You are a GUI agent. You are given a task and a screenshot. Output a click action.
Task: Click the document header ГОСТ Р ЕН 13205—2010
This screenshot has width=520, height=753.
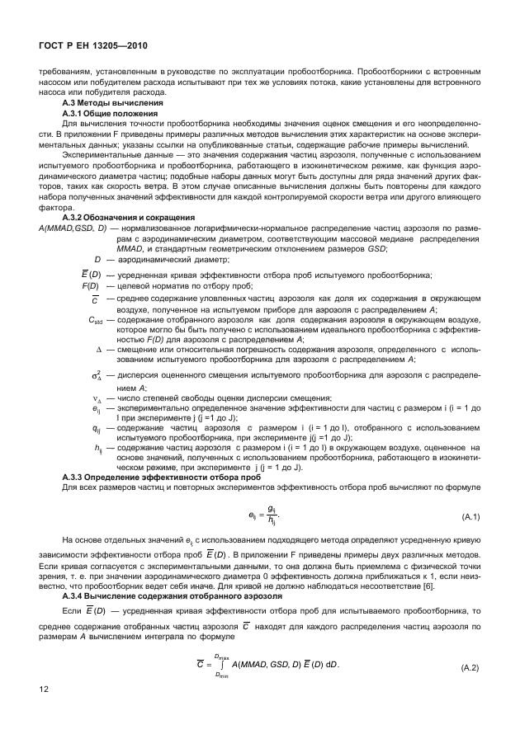coord(90,45)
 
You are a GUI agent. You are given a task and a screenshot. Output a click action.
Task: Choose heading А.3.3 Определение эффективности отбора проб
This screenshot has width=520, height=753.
coord(147,477)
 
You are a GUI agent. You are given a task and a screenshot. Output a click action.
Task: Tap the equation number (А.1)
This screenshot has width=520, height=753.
coord(470,517)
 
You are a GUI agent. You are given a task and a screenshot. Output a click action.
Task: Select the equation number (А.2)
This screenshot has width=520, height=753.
coord(470,666)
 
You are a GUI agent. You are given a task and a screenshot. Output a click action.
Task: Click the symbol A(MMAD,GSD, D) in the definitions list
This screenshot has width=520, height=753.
coord(72,226)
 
